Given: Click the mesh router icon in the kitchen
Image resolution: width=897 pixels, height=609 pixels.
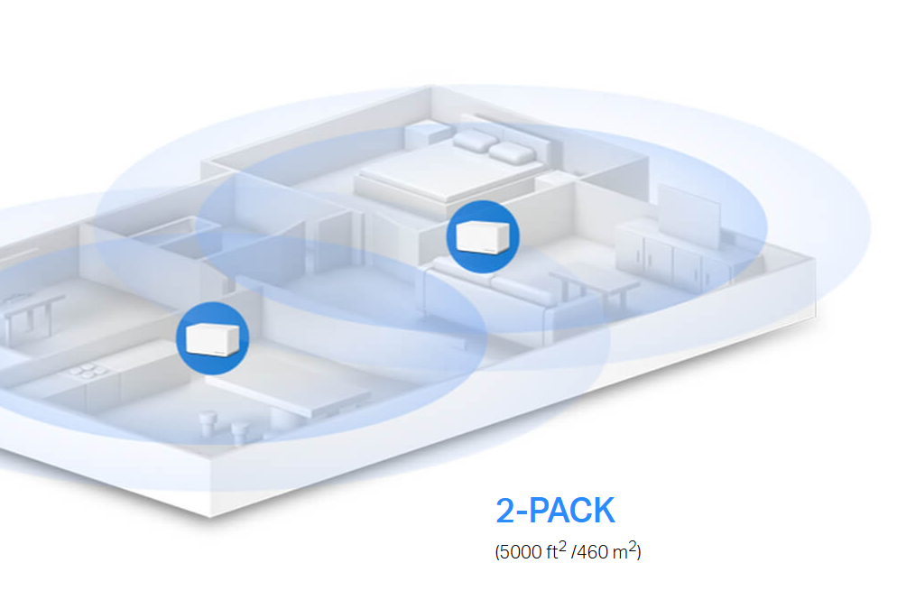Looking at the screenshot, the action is (212, 338).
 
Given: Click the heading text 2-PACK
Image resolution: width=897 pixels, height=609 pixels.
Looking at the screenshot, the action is (555, 511).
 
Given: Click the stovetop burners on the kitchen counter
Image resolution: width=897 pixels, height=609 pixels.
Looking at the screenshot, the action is (82, 374).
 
